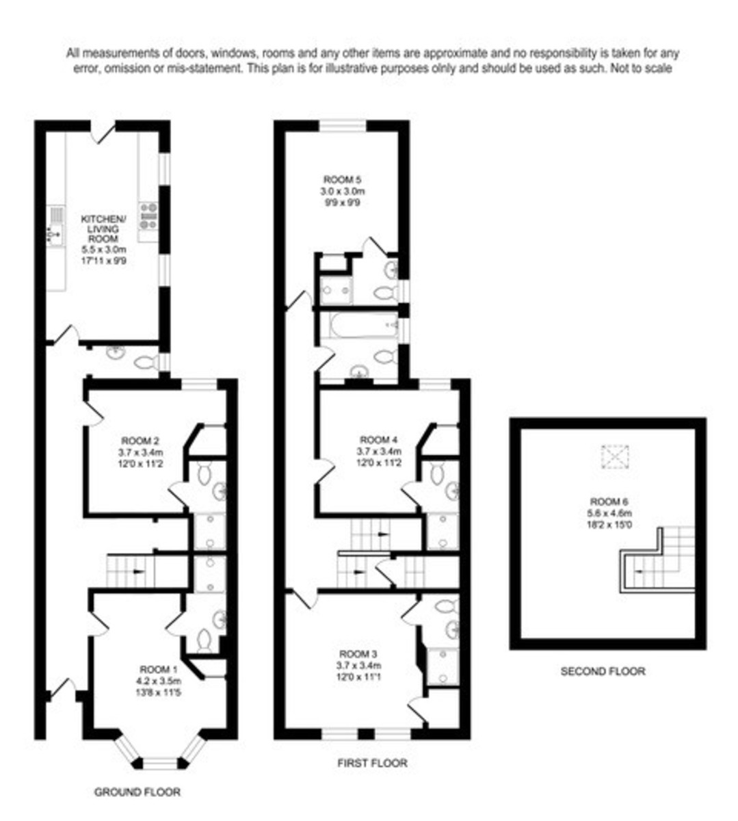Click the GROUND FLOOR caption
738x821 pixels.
tap(137, 792)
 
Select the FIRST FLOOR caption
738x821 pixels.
tap(372, 762)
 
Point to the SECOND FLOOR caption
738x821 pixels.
tap(603, 671)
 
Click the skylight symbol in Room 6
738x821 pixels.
tap(614, 456)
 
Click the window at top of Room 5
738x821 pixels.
tap(344, 125)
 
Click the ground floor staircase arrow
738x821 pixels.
tap(139, 570)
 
